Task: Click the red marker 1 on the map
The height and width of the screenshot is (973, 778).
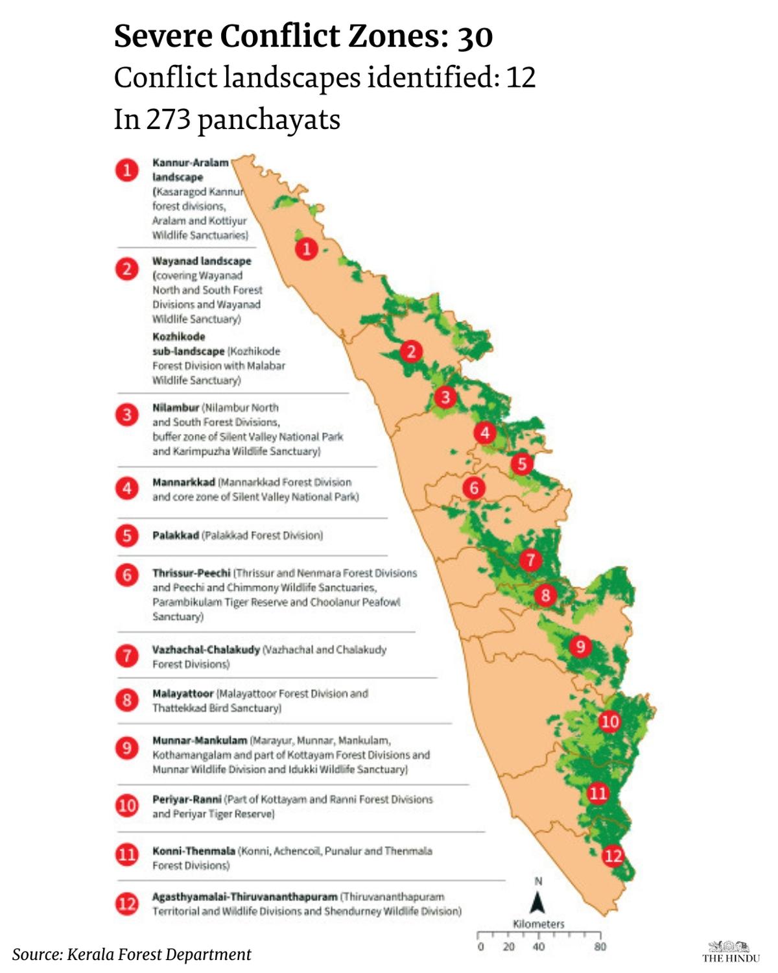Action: coord(307,248)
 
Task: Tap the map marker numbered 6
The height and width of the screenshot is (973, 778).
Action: coord(474,487)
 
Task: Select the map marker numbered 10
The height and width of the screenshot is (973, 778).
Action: coord(609,721)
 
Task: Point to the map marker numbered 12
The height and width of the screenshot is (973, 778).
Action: coord(613,856)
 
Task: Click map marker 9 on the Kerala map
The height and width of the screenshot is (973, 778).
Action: coord(580,645)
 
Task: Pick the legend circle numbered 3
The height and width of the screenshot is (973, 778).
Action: coord(127,414)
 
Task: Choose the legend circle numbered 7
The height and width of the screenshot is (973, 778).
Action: coord(127,655)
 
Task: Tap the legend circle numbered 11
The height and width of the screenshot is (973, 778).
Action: coord(127,855)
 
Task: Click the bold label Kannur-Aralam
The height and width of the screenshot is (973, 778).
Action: coord(190,162)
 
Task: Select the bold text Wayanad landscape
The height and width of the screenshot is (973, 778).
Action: coord(201,261)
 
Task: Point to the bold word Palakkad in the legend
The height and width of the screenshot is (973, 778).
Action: coord(175,535)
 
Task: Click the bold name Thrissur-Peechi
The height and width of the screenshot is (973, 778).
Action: coord(191,573)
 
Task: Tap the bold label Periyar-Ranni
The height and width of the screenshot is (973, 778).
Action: coord(187,799)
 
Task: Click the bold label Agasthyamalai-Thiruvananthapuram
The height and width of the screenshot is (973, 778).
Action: coord(244,896)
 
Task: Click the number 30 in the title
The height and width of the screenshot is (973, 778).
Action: coord(475,36)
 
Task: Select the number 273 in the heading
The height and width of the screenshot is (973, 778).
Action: coord(168,119)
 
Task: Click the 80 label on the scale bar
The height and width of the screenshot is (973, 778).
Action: coord(600,946)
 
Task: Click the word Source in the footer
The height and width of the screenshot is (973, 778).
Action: coord(37,954)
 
